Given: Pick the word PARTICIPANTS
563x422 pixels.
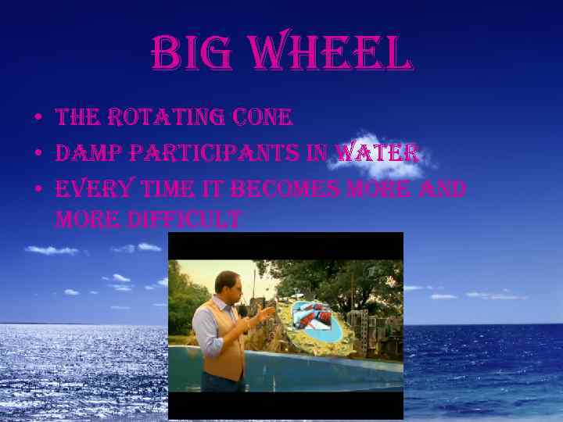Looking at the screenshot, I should pyautogui.click(x=214, y=153).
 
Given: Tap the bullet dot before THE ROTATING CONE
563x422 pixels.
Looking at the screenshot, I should pyautogui.click(x=37, y=120).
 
